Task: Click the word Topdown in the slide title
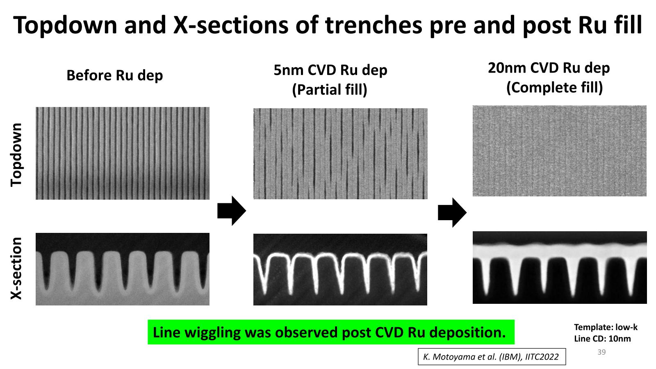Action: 65,25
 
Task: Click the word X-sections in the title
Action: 231,25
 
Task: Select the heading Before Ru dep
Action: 114,75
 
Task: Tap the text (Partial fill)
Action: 330,89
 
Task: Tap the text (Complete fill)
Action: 554,88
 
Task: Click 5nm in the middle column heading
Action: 288,70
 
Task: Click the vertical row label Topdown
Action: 16,155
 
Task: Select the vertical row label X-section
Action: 16,268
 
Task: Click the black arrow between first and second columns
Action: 231,211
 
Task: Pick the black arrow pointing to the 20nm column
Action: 452,212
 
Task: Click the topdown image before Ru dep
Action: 123,153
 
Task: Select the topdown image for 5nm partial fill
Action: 340,154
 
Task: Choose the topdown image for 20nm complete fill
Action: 559,151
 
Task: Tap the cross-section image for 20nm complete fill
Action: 560,267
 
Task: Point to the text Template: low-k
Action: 606,327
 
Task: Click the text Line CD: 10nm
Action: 602,339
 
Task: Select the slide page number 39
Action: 601,352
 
